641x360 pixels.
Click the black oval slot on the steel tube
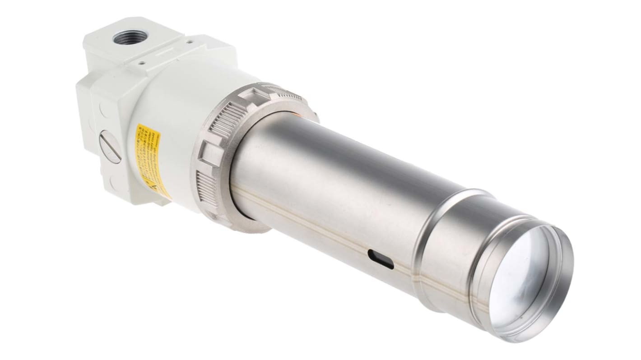381,259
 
